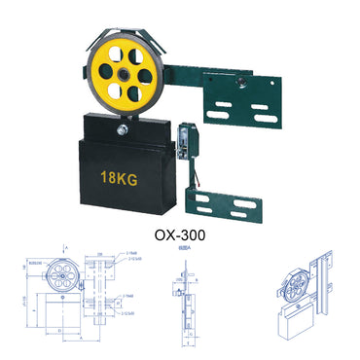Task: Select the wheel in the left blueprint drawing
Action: (59, 275)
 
